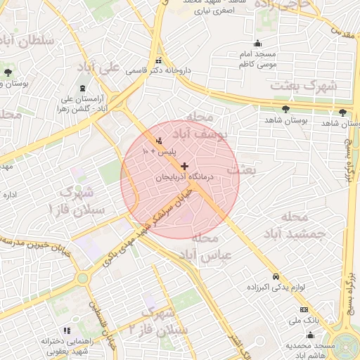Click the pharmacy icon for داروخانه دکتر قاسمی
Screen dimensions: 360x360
point(159,60)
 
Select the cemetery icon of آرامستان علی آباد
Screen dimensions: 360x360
point(84,89)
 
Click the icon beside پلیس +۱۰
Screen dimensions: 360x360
point(159,141)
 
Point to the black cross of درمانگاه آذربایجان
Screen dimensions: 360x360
point(184,167)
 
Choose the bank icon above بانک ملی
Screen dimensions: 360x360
point(304,309)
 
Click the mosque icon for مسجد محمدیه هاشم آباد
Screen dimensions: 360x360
point(311,337)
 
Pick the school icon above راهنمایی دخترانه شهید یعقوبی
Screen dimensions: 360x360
point(67,330)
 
